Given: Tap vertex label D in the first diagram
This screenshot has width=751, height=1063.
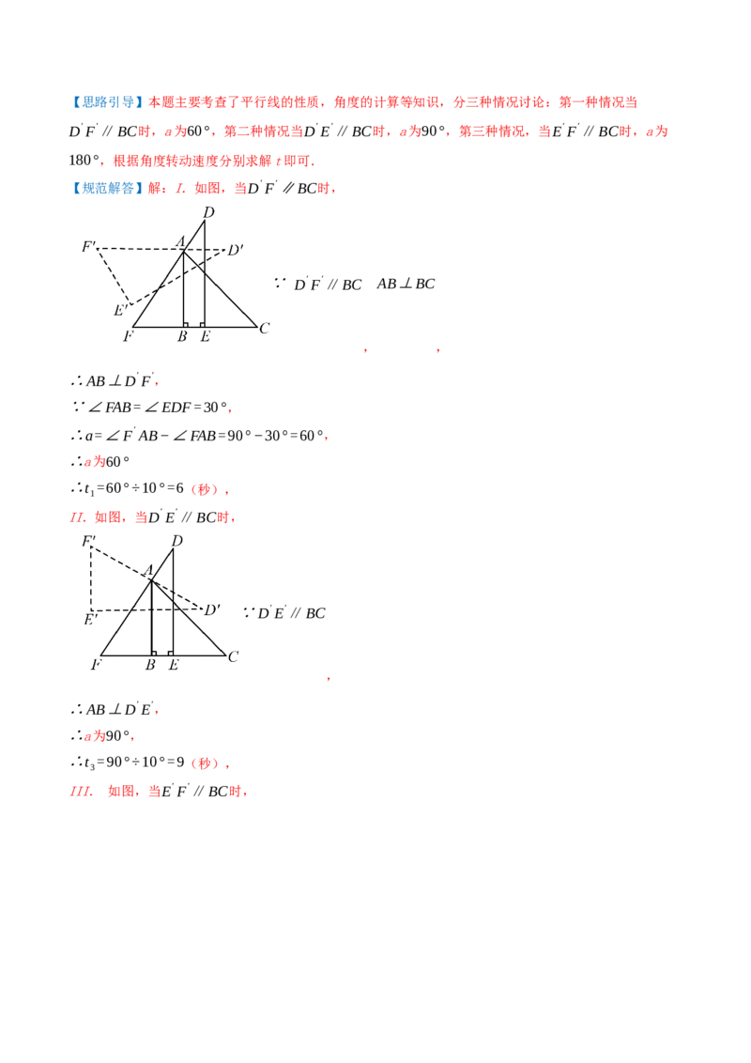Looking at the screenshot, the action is (208, 212).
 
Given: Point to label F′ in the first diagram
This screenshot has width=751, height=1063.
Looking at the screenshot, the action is (89, 246).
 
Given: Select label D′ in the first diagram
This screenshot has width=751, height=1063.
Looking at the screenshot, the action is (236, 250).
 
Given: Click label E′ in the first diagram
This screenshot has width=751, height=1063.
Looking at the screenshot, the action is (120, 311).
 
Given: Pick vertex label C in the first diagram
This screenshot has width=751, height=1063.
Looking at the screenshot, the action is (265, 328).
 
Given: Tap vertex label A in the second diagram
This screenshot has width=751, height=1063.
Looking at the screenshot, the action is (148, 570).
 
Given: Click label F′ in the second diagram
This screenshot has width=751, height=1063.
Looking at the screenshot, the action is (89, 541).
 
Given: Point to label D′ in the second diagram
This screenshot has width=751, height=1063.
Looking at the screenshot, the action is (212, 610).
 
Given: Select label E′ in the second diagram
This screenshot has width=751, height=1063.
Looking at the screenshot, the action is (91, 620).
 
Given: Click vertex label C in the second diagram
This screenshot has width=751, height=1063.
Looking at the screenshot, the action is (233, 656).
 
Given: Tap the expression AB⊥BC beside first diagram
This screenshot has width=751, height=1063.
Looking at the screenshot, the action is (406, 284).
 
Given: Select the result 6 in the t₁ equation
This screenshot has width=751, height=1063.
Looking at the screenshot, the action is (179, 488).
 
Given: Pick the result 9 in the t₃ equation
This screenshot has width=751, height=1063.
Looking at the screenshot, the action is (180, 762).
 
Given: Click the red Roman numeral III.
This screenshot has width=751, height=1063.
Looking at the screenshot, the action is (81, 792).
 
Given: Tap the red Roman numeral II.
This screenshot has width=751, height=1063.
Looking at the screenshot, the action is (77, 517).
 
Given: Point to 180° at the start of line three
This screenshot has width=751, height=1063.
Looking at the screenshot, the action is (84, 161).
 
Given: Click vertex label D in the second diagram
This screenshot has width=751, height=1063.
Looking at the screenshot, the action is (176, 541).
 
